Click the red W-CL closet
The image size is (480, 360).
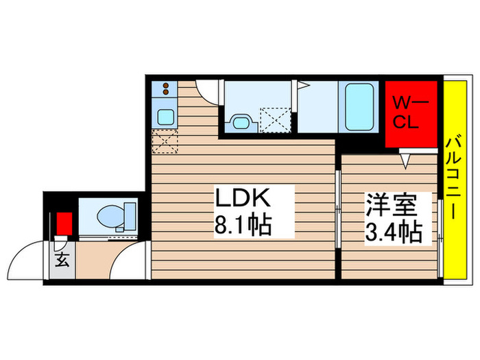[x=409, y=114]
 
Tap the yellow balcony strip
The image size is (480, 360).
[x=453, y=178]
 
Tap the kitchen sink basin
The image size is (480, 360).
[x=165, y=116]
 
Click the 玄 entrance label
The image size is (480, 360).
[x=61, y=261]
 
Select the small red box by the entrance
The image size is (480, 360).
[x=63, y=224]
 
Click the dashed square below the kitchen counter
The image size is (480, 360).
[x=165, y=143]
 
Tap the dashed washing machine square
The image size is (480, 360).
[x=276, y=121]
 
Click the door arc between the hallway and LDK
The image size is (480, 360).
[x=130, y=261]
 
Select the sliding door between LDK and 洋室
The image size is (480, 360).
[x=338, y=206]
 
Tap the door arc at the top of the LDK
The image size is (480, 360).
[x=207, y=93]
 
